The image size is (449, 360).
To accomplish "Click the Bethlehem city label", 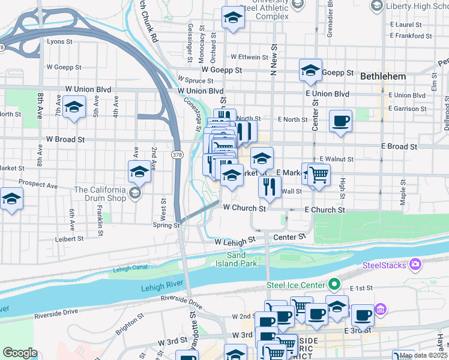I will (384, 76).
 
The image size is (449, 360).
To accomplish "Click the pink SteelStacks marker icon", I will (415, 265).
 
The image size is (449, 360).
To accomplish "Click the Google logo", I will (20, 353).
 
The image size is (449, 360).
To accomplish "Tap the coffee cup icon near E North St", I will (340, 121).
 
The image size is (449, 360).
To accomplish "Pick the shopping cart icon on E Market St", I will (319, 175).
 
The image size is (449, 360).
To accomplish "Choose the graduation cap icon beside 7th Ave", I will (74, 108).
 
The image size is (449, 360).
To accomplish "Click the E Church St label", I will (325, 210).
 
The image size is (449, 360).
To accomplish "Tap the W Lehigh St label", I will (235, 241).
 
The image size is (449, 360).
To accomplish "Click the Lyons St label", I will (59, 42).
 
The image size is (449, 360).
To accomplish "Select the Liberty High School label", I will (416, 6).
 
